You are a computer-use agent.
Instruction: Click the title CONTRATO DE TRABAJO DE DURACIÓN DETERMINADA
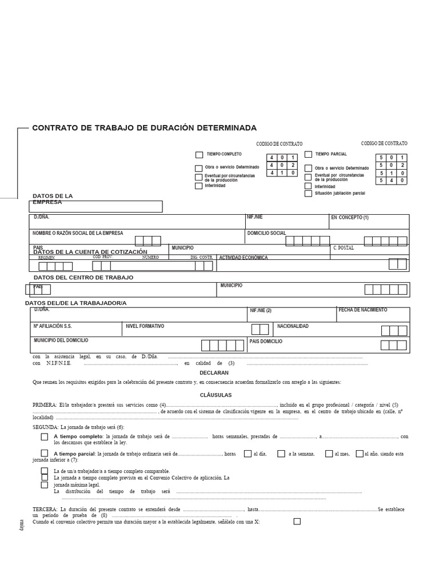coord(144,128)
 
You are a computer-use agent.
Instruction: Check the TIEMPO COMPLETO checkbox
coord(199,155)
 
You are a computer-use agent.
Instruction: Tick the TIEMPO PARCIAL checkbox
coord(308,154)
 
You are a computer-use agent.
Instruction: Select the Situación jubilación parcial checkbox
coord(308,194)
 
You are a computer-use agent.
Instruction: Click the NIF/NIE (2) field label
coord(260,311)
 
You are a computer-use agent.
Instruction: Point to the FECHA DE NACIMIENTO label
coord(362,310)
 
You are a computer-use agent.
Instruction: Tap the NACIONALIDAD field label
coord(293,326)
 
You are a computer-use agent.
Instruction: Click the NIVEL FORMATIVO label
coord(145,326)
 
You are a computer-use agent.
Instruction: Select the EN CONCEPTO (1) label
coord(350,218)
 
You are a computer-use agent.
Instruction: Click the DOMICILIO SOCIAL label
coord(266,233)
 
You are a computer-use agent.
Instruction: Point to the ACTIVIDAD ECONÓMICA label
coord(244,258)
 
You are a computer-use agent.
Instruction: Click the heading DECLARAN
coord(214,372)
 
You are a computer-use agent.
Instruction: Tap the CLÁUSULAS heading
coord(215,395)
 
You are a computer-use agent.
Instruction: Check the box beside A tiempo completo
coord(45,437)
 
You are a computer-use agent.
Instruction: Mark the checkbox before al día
coord(248,454)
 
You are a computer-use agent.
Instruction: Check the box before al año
coord(359,454)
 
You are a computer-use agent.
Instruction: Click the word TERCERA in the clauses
coord(45,508)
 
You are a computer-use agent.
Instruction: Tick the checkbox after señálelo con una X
coord(297,521)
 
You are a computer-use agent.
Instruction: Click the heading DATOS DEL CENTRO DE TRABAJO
coord(83,278)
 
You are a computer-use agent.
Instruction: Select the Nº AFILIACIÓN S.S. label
coord(53,326)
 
